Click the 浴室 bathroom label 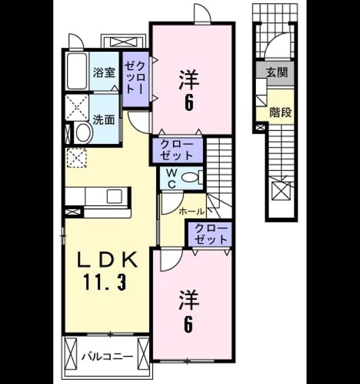pos(104,73)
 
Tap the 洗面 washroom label pos(104,119)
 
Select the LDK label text pos(107,260)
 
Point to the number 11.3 pos(105,282)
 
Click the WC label pos(172,179)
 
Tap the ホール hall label pos(192,212)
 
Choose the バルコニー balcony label pos(108,357)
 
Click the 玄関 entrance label pos(277,73)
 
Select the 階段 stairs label pos(281,112)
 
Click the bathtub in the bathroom pos(77,71)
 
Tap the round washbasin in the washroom pos(84,132)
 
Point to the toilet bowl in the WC pos(190,177)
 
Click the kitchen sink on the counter pos(115,196)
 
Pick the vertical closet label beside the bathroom pos(135,77)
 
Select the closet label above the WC pos(177,151)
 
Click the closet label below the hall pos(211,234)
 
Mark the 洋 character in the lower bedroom pos(189,300)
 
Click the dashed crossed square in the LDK pos(77,158)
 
